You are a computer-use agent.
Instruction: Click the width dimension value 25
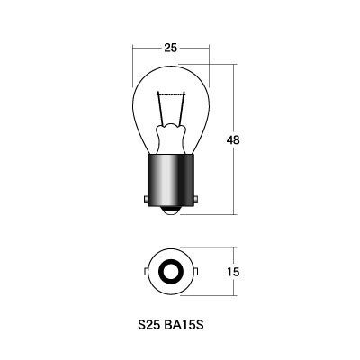(171, 48)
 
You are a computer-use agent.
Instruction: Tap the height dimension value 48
(233, 140)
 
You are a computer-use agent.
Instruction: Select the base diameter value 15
(233, 272)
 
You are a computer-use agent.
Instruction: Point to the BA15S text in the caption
(184, 325)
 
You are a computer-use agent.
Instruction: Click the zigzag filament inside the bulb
(171, 94)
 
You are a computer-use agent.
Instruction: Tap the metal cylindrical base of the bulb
(171, 180)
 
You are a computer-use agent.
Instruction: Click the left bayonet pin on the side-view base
(146, 199)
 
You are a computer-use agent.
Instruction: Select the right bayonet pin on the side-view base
(196, 199)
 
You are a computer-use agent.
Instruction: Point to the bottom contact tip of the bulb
(171, 211)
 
